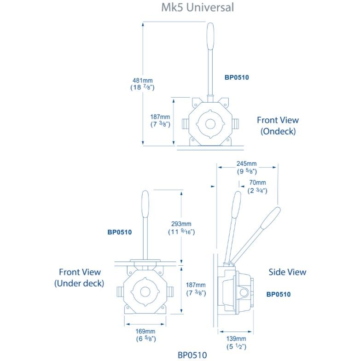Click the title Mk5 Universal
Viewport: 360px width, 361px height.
198,7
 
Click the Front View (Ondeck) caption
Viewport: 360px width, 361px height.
278,126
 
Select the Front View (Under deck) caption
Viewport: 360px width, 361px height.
80,278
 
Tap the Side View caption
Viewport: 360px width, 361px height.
287,272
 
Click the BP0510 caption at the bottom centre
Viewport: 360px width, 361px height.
192,355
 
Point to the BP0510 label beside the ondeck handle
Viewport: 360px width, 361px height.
237,77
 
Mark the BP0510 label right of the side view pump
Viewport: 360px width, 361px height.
279,294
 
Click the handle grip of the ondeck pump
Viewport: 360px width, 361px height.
210,35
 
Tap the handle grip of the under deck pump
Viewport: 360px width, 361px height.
145,204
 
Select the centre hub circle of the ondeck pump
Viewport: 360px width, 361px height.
210,124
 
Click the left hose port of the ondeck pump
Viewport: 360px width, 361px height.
184,124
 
